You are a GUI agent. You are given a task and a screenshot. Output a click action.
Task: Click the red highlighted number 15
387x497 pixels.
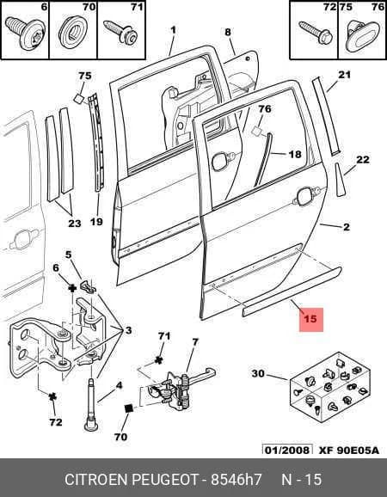pos(310,318)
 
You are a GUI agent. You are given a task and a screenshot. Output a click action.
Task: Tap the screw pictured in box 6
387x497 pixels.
pos(25,34)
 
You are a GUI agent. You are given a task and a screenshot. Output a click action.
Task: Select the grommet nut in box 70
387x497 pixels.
pos(73,33)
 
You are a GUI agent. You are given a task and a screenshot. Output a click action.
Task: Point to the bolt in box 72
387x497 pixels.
pos(316,33)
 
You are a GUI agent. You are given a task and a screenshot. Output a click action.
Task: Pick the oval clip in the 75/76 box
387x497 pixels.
pos(362,36)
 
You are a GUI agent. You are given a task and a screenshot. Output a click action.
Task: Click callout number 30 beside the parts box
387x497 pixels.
pos(258,373)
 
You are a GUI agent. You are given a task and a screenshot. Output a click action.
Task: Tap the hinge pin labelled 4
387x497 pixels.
pos(91,405)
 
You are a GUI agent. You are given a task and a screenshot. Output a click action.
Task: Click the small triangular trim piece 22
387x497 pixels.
pos(340,180)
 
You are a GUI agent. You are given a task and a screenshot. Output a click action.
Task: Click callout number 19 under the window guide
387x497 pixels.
pos(96,221)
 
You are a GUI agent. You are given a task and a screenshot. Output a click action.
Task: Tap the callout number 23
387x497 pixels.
pos(75,224)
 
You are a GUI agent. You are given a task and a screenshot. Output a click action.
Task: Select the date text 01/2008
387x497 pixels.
pos(287,450)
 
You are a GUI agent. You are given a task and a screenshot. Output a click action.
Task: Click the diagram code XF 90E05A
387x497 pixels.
pos(348,451)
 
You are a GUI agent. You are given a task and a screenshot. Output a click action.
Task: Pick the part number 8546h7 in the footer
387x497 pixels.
pos(236,480)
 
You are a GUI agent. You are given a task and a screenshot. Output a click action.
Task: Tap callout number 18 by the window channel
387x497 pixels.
pos(295,155)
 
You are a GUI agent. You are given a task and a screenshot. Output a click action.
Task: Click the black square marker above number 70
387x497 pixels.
pos(129,408)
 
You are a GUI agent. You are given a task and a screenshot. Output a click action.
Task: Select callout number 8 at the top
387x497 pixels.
pos(228,32)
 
